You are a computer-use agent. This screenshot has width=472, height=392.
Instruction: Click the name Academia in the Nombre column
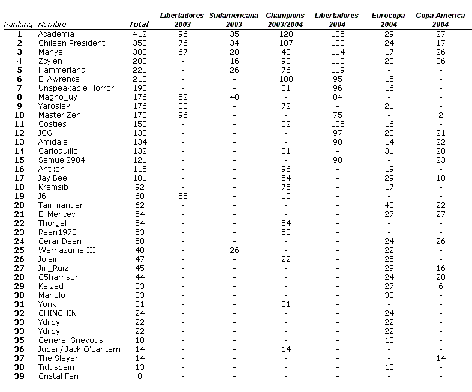(56, 34)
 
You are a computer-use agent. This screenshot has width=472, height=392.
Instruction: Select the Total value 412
(139, 34)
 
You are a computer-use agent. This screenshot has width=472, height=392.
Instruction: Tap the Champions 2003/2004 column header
(285, 20)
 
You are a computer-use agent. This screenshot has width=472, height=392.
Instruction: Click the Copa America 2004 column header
(440, 20)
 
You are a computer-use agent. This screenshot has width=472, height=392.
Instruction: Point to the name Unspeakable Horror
(76, 88)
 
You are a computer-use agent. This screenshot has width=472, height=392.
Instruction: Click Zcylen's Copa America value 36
(441, 61)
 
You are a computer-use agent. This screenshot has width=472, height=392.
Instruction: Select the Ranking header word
(19, 25)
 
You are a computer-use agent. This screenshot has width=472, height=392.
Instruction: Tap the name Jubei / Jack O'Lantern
(79, 349)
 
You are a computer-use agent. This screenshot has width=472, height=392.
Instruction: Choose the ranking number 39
(20, 376)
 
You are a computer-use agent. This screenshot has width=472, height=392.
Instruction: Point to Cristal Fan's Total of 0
(139, 376)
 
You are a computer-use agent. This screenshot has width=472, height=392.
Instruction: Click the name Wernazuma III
(67, 250)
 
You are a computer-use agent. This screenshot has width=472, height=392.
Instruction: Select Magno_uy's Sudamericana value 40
(234, 97)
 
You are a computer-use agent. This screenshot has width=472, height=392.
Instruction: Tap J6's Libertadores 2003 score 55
(182, 196)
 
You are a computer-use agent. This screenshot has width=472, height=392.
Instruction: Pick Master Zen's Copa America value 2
(441, 115)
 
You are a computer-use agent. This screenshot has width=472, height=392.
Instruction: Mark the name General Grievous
(70, 340)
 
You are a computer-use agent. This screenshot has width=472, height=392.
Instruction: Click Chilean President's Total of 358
(139, 43)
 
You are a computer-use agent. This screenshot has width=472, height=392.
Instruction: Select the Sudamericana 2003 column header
(234, 20)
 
